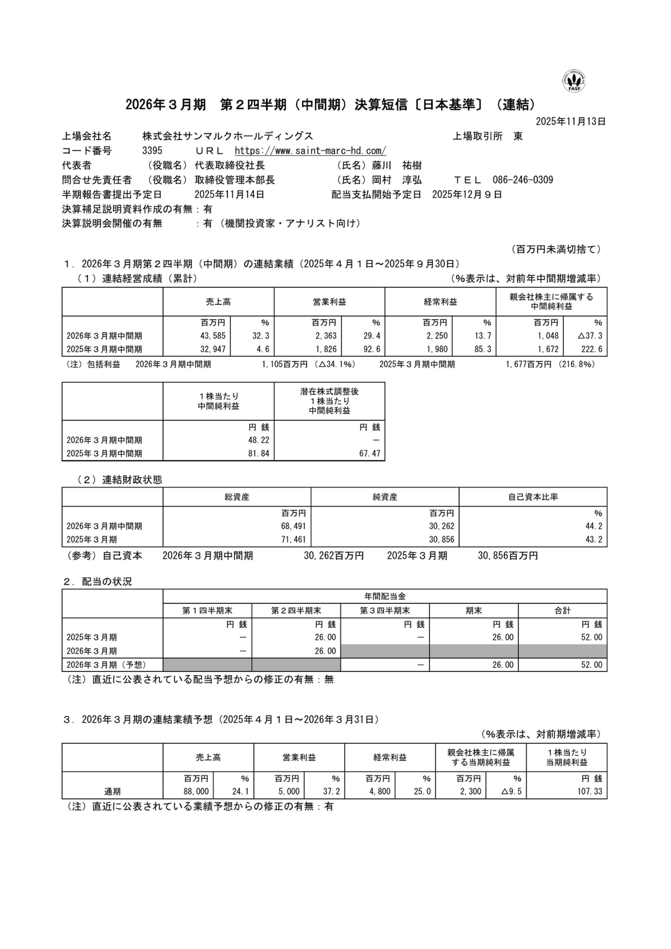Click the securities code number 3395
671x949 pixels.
tap(152, 151)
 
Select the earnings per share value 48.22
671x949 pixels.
tap(259, 440)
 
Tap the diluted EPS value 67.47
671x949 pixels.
tap(369, 453)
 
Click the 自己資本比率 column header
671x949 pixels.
tap(533, 497)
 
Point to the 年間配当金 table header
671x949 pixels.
tap(385, 596)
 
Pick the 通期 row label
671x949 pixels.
tap(112, 792)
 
